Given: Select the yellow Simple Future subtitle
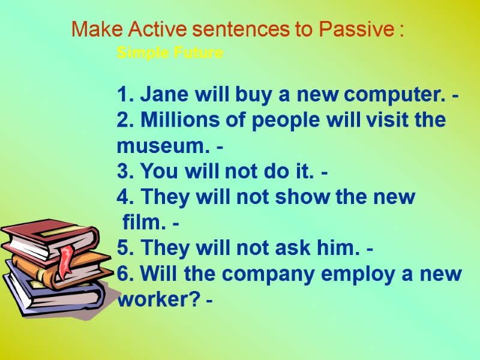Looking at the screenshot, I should tap(170, 53).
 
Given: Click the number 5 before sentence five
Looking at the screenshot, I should tap(124, 248).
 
